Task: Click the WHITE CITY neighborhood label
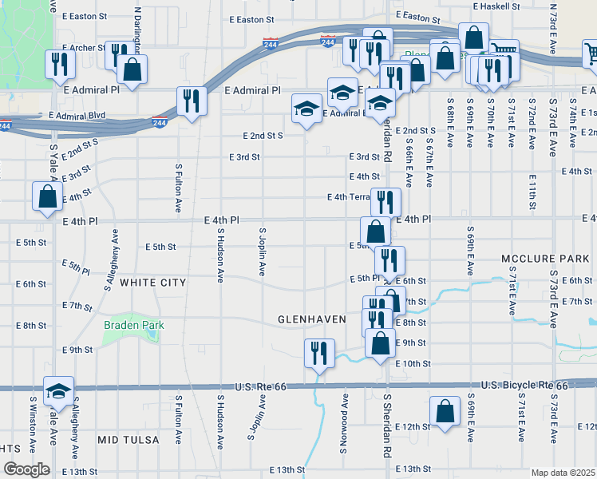pos(152,283)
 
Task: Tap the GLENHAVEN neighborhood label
pos(311,319)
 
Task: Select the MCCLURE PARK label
pos(546,259)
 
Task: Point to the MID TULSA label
pos(128,440)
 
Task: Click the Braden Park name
pos(132,325)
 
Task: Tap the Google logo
pos(26,469)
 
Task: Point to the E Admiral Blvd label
pos(77,116)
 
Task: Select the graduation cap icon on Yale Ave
pos(57,391)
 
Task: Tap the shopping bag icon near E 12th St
pos(445,411)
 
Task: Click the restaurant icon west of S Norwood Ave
pos(319,352)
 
